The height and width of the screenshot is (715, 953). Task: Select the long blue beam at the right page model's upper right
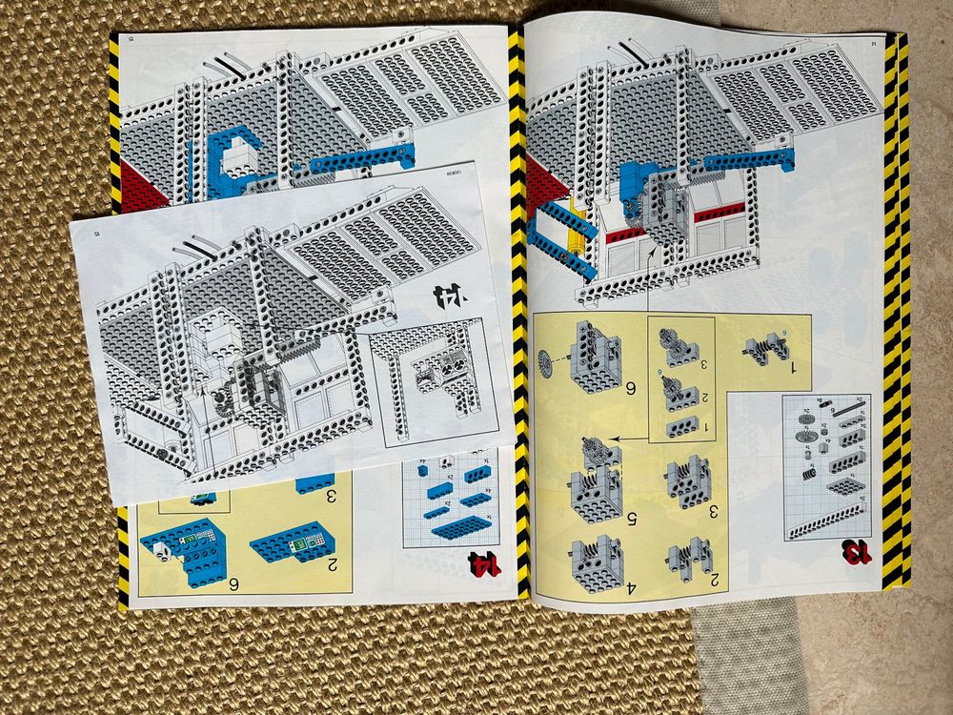pyautogui.click(x=749, y=158)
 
